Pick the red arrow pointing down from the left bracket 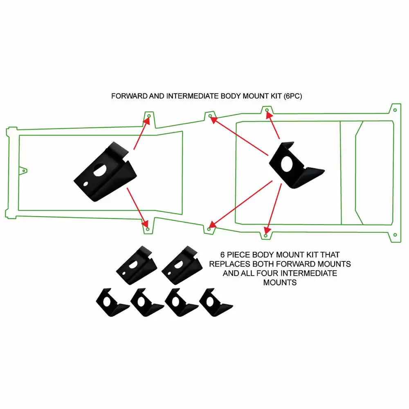pos(137,207)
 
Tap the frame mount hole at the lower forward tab pos(146,224)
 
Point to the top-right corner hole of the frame pos(395,110)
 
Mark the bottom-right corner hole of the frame pos(395,235)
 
